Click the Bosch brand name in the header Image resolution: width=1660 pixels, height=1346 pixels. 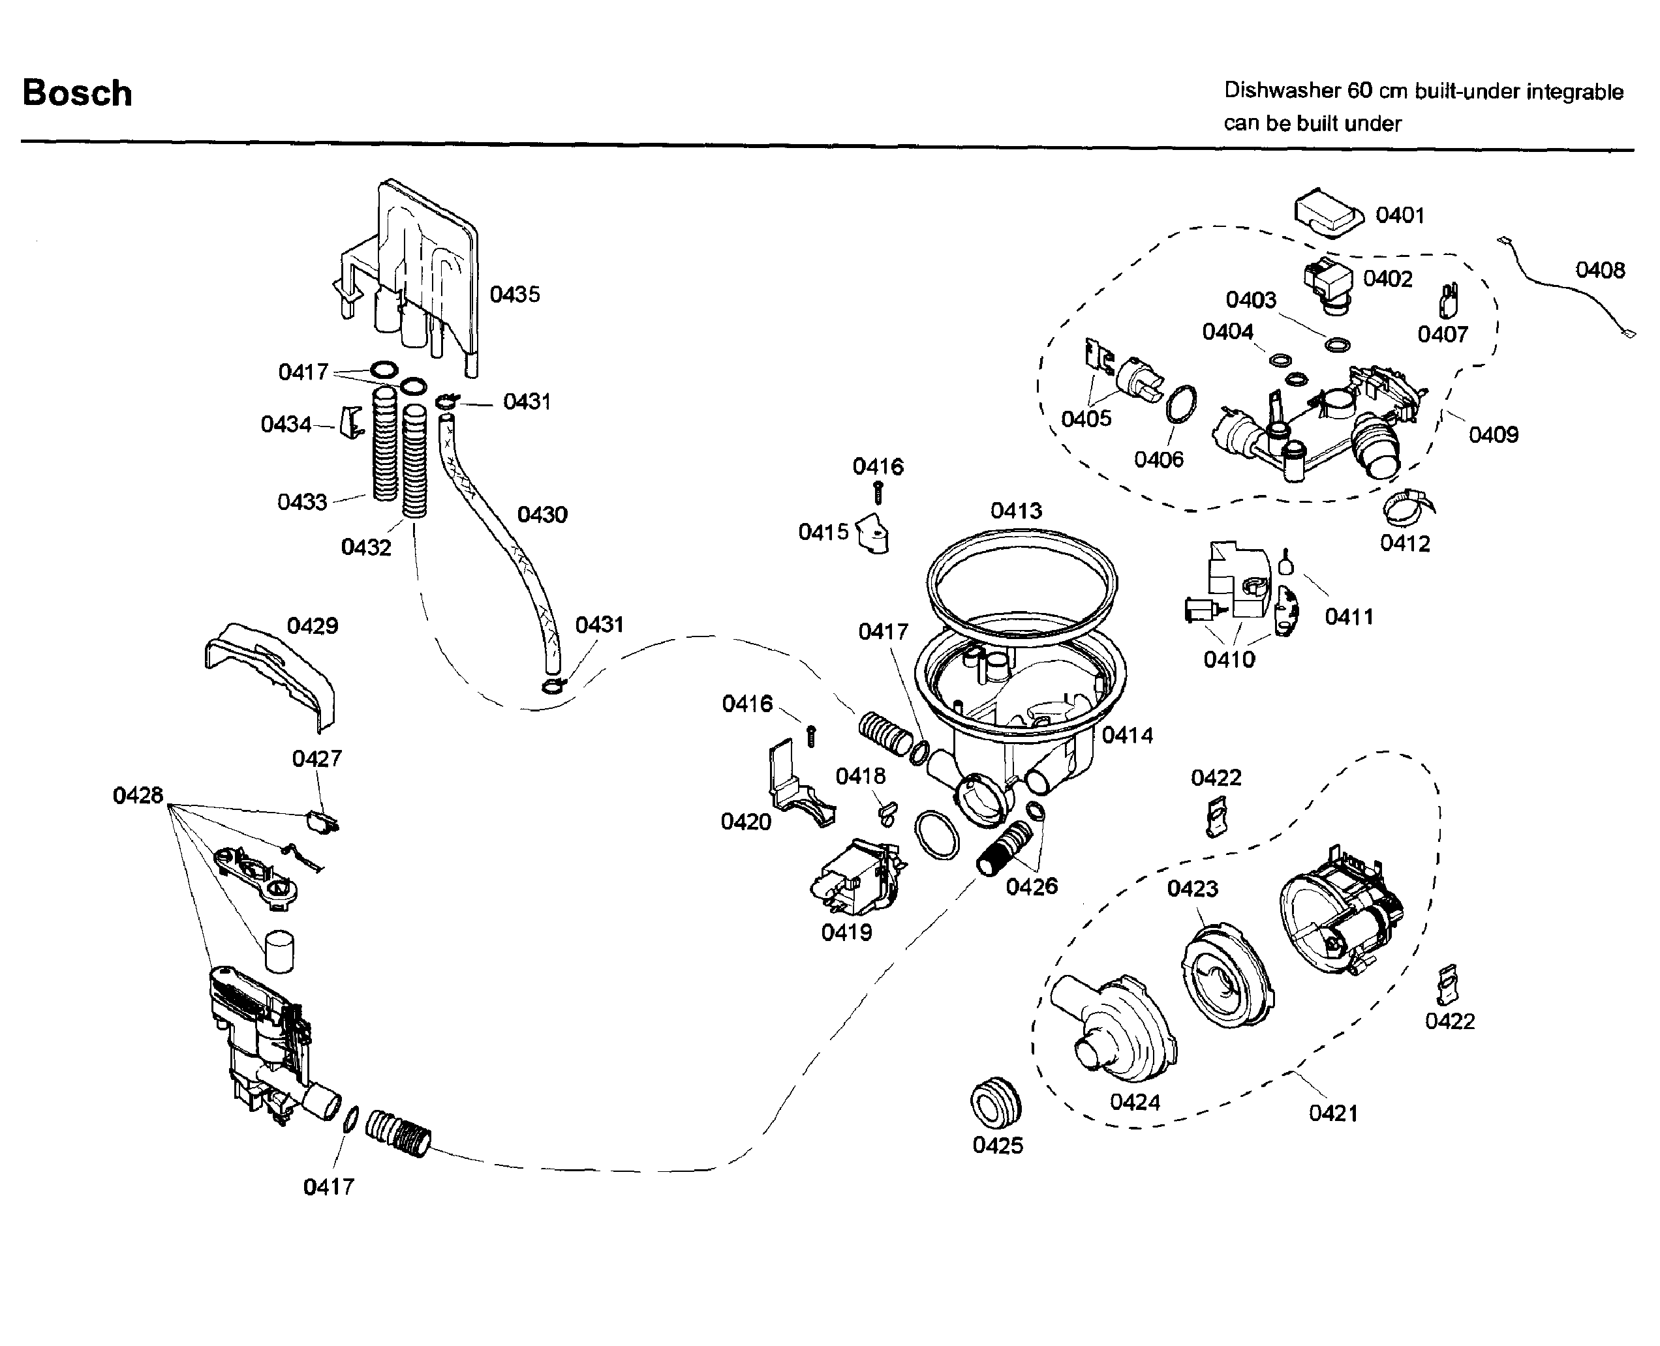coord(77,93)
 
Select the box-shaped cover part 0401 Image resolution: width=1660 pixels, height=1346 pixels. coord(1328,210)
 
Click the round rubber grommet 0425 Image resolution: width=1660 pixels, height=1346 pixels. coord(995,1103)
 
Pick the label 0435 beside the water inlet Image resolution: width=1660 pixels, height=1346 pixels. coord(514,294)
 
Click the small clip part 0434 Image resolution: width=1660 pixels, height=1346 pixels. coord(352,422)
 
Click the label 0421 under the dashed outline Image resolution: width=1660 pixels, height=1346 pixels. coord(1332,1113)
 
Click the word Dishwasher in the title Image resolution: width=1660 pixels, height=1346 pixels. coord(1282,91)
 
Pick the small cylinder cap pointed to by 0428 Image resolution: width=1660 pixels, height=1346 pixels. coord(279,951)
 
